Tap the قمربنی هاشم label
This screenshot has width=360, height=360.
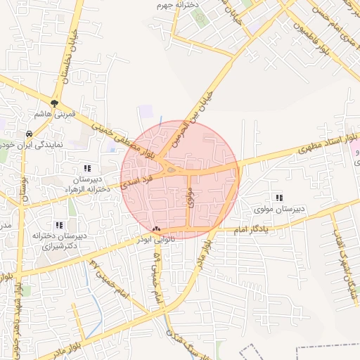point(54,115)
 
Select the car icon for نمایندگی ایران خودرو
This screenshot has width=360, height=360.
point(29,134)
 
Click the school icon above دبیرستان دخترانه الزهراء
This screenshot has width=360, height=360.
point(87,168)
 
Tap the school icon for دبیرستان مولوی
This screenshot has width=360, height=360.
point(280,198)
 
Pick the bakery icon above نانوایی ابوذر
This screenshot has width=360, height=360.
point(156,229)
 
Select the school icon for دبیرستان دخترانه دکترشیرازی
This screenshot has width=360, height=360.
point(59,225)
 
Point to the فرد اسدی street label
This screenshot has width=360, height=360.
point(134,181)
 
